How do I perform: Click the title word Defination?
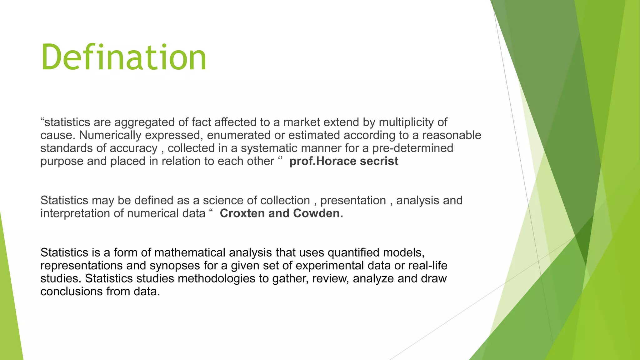coord(123,57)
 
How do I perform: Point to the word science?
coord(223,200)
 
